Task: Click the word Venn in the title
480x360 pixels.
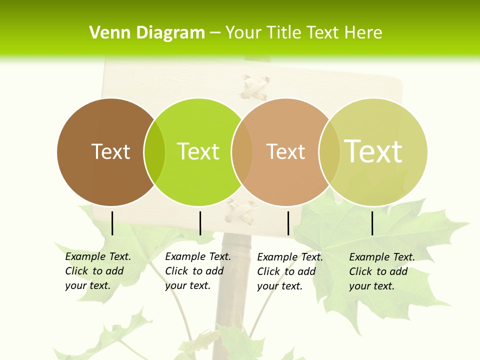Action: pos(107,33)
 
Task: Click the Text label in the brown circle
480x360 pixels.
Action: pos(110,151)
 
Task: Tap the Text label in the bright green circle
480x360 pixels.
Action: pos(198,151)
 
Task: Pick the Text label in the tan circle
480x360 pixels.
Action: pos(285,151)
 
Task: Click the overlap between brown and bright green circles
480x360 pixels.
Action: pos(154,152)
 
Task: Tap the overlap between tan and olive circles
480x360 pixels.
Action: pos(329,152)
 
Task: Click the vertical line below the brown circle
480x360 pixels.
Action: pos(112,223)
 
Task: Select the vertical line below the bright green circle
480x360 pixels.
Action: pos(200,223)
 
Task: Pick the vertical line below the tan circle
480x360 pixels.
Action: pos(288,223)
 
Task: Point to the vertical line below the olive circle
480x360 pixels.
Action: pos(372,223)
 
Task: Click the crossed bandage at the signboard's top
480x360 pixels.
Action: pos(255,88)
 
